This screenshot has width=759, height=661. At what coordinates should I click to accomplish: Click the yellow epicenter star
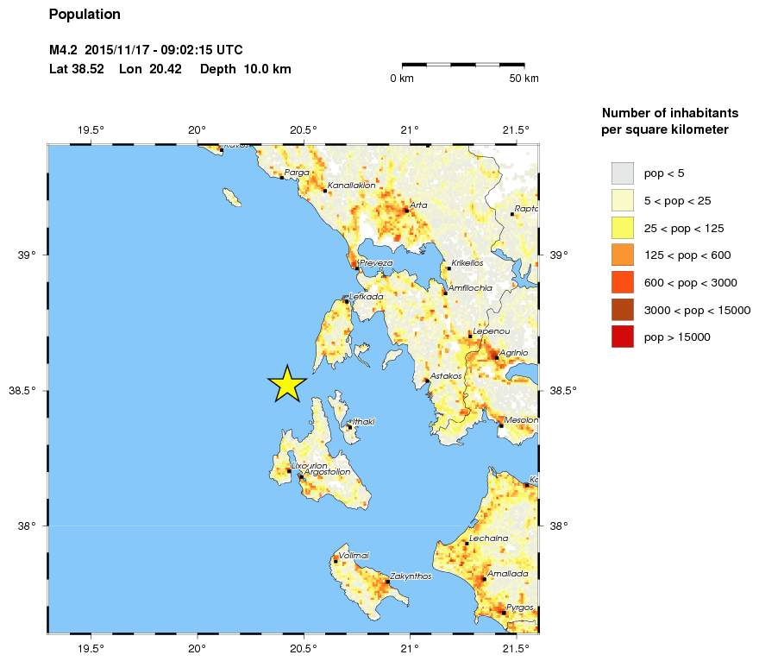click(286, 384)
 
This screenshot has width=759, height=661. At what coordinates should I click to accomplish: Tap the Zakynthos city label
click(411, 576)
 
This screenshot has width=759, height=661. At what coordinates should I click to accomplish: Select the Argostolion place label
click(327, 472)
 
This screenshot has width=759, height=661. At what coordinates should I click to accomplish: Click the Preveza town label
click(376, 262)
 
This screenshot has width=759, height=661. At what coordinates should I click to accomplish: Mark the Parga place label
click(296, 173)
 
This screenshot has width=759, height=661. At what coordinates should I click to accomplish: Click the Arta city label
click(418, 205)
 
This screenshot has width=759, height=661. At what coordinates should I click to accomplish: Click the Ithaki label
click(364, 421)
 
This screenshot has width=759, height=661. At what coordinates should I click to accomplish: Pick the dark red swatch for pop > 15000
click(621, 337)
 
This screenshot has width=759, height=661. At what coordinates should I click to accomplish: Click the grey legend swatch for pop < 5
click(621, 173)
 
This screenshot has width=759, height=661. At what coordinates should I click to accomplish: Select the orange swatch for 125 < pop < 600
click(621, 255)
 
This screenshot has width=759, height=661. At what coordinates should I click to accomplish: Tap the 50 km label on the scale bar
click(524, 79)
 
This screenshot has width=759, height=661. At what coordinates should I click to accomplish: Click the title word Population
click(85, 15)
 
